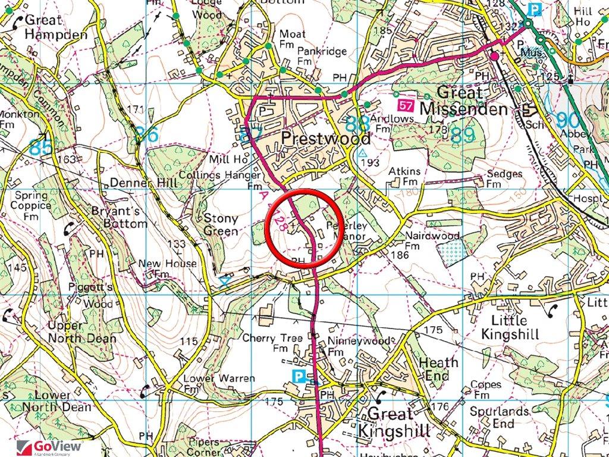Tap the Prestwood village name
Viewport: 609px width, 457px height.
point(325,138)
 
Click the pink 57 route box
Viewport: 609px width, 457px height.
point(406,105)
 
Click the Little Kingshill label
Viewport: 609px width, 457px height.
point(511,327)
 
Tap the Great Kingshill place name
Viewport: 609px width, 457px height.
point(398,422)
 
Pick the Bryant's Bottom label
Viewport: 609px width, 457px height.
point(119,217)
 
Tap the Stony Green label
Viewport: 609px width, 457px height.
point(221,224)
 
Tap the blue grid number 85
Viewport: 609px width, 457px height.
point(40,146)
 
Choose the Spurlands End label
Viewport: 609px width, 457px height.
point(500,417)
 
